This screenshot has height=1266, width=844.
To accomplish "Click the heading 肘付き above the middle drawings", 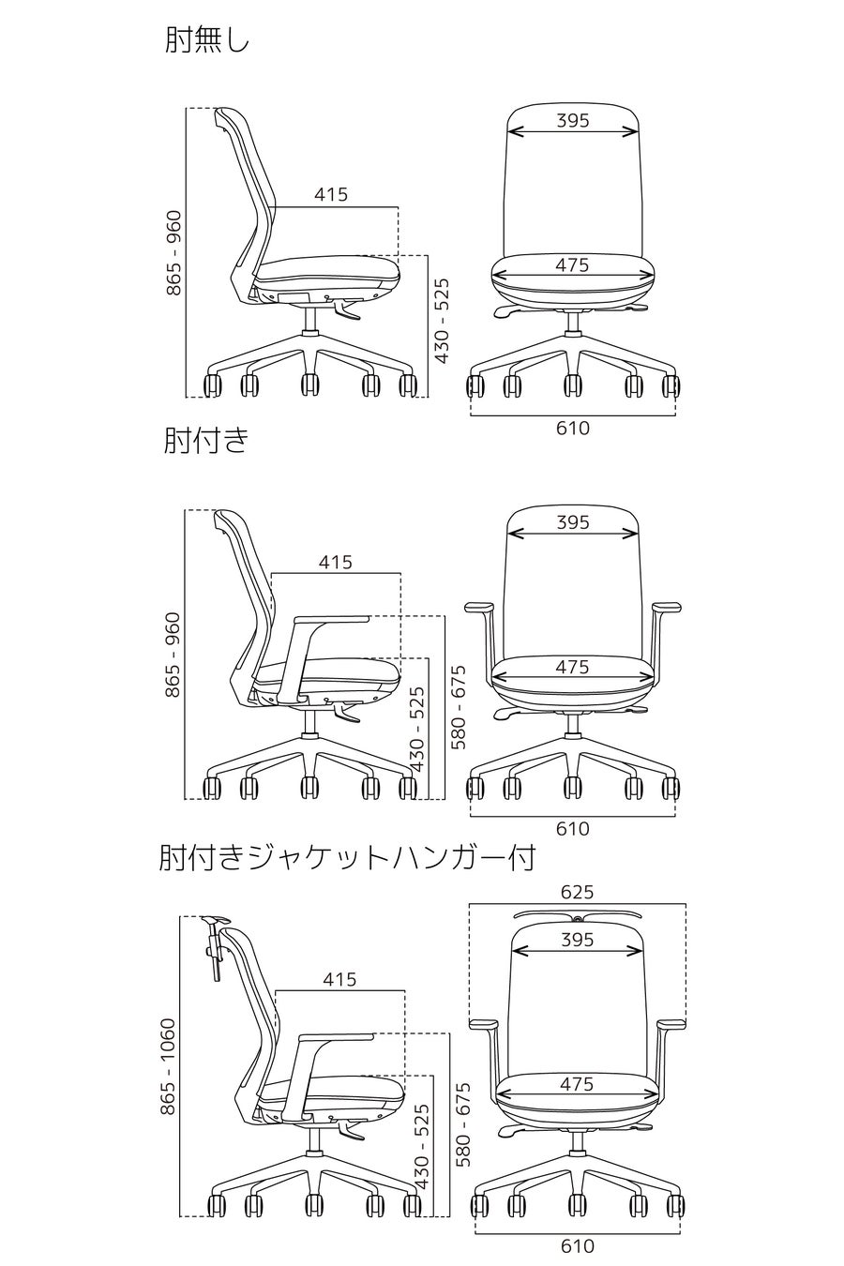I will [x=206, y=440].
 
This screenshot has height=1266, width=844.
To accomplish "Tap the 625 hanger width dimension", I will [x=577, y=892].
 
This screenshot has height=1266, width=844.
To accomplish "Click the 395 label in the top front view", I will [x=572, y=120].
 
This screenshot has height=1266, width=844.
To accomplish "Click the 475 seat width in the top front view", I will [x=572, y=265].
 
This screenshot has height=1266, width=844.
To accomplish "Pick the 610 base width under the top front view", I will [x=573, y=429].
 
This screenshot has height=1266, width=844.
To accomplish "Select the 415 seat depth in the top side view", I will [x=331, y=194].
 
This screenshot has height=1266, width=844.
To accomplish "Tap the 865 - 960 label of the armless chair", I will [x=173, y=254].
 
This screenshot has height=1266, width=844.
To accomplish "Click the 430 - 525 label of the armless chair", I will [x=442, y=320].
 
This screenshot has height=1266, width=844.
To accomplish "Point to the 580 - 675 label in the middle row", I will [x=459, y=707].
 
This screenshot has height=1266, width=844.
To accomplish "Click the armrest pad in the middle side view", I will [x=332, y=619].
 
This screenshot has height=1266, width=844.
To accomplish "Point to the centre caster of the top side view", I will [x=309, y=384].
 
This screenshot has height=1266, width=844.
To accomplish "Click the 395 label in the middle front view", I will [x=572, y=522].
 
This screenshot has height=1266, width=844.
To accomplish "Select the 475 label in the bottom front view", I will [x=577, y=1084].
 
